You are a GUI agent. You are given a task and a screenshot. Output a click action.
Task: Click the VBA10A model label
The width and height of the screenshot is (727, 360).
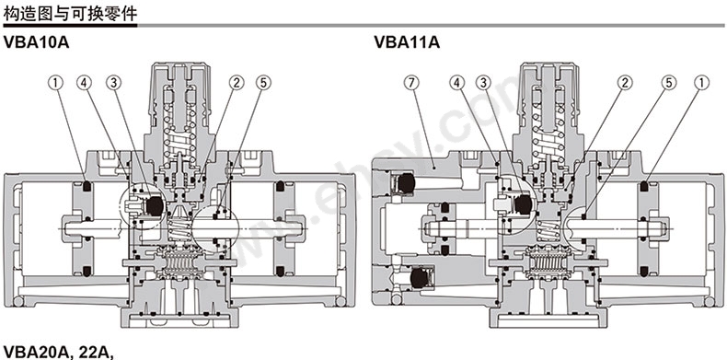(x=36, y=42)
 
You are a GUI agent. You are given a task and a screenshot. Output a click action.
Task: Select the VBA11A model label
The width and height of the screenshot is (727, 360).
(x=407, y=42)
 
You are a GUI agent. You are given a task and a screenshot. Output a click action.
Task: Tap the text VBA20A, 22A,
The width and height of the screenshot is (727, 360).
(x=59, y=352)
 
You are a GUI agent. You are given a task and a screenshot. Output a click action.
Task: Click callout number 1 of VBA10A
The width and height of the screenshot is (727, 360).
(x=55, y=83)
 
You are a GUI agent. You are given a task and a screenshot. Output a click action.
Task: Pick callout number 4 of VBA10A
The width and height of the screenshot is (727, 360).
(x=85, y=83)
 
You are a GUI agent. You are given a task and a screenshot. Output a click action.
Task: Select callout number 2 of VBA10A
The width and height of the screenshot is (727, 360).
(x=236, y=83)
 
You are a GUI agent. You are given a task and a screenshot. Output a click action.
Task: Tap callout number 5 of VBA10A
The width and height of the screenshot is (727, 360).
(x=263, y=83)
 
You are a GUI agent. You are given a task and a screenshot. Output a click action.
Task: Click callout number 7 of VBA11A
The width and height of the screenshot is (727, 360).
(x=411, y=83)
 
